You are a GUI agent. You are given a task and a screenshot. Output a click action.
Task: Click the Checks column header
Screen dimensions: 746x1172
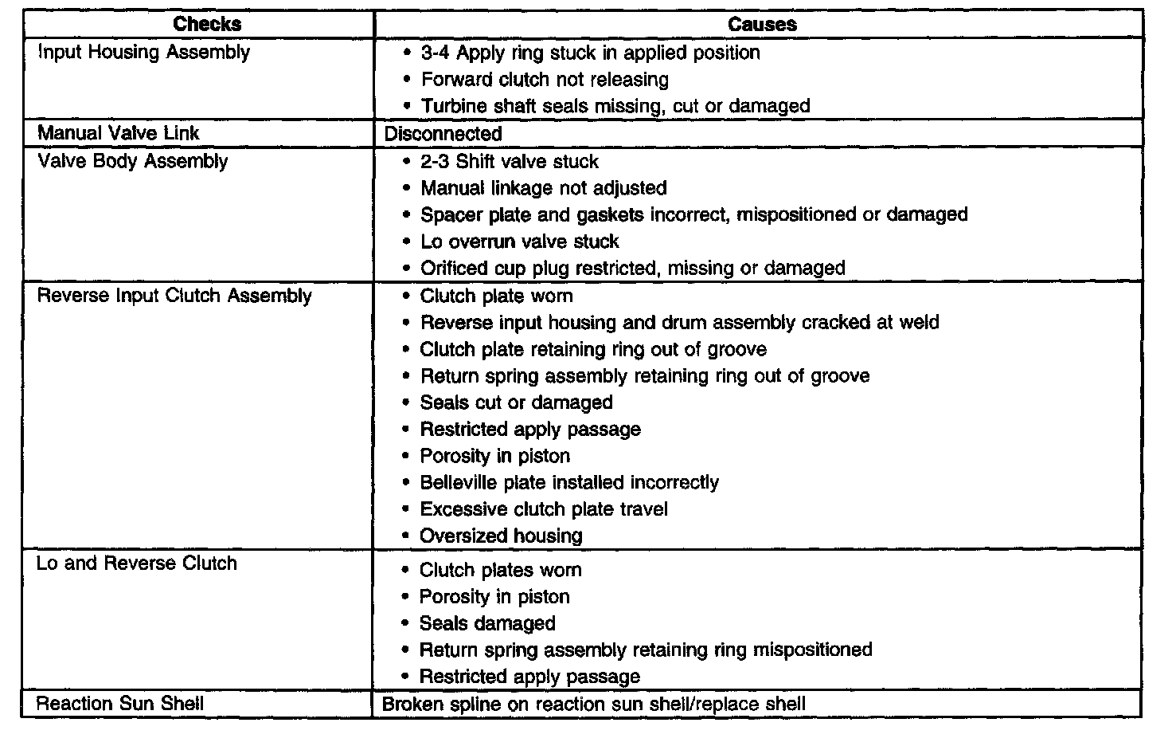(207, 24)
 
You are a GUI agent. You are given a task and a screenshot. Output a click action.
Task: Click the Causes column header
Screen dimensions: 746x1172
(762, 24)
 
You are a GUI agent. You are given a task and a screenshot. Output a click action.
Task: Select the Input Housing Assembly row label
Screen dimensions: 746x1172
(144, 53)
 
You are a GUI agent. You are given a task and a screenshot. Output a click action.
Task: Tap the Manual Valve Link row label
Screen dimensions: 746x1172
(119, 132)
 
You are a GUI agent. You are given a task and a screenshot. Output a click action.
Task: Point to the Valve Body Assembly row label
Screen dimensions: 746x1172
(133, 161)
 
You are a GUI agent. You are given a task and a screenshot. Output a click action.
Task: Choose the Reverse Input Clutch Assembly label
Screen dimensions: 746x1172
(174, 296)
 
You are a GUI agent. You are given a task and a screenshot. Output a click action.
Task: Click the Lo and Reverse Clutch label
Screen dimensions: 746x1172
(137, 563)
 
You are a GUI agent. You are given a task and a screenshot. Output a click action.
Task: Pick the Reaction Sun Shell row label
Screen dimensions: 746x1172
(120, 704)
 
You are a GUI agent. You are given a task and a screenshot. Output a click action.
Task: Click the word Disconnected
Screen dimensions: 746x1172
(443, 133)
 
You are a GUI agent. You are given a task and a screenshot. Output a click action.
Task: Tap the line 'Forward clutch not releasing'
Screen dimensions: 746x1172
(545, 80)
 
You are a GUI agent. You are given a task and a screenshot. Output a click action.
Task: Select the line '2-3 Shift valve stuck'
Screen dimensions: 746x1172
(510, 162)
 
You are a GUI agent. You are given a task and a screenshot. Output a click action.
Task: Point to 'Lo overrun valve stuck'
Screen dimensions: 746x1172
(519, 241)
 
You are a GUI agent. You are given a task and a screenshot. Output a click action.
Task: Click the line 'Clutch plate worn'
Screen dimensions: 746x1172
(496, 296)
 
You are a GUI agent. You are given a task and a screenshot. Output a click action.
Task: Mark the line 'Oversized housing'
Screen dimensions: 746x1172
(501, 536)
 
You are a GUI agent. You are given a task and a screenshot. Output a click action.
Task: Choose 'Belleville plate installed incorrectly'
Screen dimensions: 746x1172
(569, 482)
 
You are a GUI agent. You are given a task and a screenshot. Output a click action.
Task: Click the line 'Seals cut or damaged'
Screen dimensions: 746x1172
(516, 402)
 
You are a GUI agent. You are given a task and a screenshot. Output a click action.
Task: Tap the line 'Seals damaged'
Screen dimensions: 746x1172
(487, 623)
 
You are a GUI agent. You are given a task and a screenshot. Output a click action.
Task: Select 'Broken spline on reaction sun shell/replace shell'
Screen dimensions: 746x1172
(594, 705)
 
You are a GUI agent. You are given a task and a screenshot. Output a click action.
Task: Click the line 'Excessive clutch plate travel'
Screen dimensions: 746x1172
(544, 509)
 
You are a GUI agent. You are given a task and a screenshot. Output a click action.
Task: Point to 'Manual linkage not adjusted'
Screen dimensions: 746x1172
(544, 188)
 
